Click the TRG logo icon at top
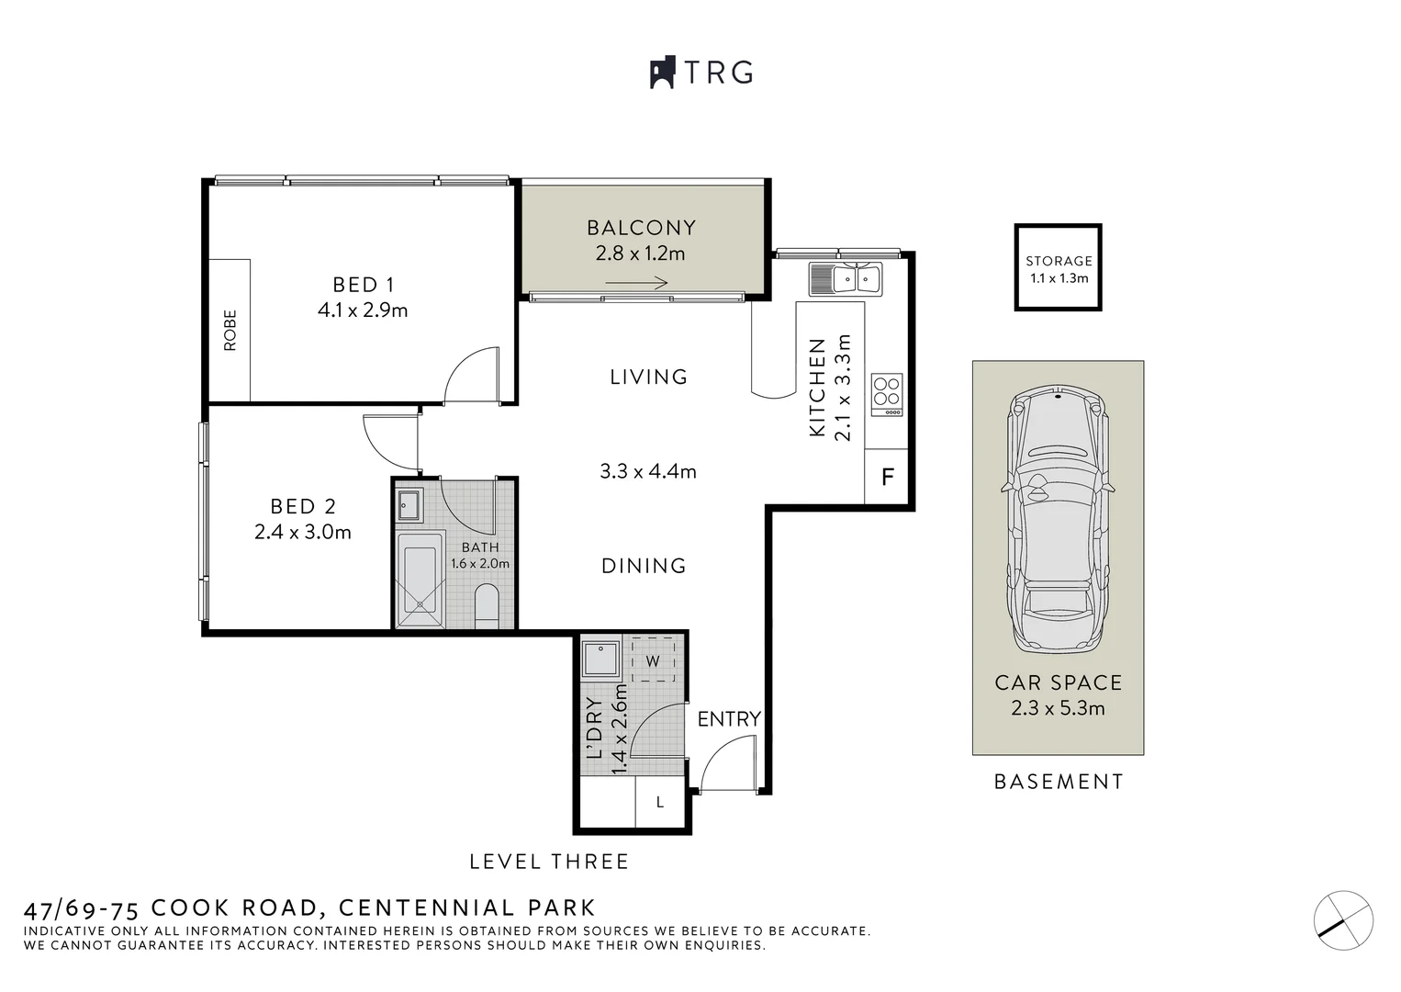[x=663, y=73]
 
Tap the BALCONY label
[x=641, y=227]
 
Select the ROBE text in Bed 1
[x=230, y=330]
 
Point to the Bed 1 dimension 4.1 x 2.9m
[x=363, y=310]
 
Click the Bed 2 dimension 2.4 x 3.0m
[x=303, y=532]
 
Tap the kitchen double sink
[x=845, y=277]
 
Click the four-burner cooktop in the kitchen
[x=887, y=392]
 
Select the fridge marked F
[x=887, y=478]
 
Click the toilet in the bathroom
[x=487, y=605]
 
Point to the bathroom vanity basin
[x=409, y=504]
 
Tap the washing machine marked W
[x=653, y=660]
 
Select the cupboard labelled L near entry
[x=660, y=803]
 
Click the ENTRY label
[x=729, y=719]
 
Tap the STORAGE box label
[x=1059, y=261]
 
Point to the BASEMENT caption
[x=1059, y=782]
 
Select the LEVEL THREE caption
[x=549, y=862]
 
